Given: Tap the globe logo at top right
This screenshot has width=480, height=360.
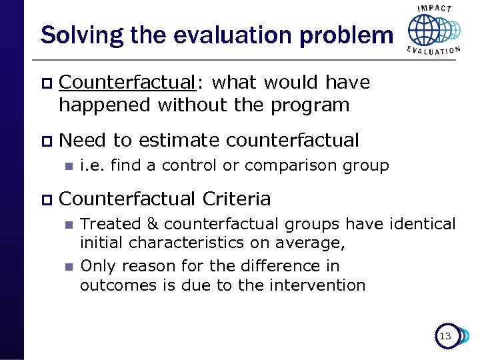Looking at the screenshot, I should point(433,30).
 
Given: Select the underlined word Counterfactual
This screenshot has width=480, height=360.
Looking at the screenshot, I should point(127,82).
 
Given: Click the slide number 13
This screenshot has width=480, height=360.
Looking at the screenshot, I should point(445,336).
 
